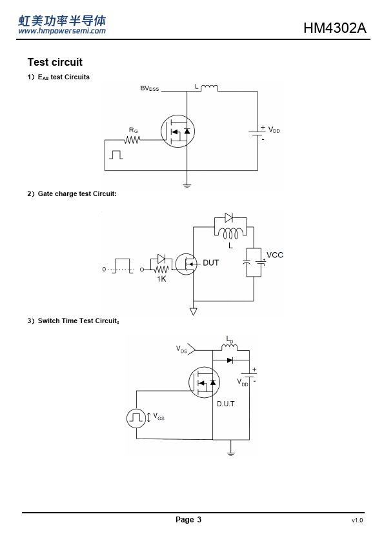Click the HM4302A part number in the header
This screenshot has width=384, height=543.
[x=334, y=28]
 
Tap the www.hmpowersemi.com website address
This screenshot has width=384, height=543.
[x=62, y=31]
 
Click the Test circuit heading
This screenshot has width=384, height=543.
[x=55, y=62]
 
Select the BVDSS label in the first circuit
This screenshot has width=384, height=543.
[x=149, y=88]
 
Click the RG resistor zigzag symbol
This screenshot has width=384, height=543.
[x=132, y=140]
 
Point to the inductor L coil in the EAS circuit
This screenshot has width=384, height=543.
[x=209, y=88]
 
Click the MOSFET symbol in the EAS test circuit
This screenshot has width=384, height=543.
[x=177, y=132]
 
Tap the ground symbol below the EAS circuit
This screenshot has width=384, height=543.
[x=187, y=186]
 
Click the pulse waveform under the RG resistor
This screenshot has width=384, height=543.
[x=116, y=155]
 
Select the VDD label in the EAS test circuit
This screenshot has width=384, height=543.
[x=274, y=130]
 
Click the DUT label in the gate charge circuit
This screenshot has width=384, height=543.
[x=210, y=263]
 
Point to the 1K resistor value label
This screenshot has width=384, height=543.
[x=161, y=279]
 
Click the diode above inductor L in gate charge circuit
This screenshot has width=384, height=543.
[x=228, y=217]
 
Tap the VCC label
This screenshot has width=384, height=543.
[x=275, y=255]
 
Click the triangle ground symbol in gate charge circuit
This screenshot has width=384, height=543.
[x=194, y=311]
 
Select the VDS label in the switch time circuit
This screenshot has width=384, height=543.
[x=181, y=349]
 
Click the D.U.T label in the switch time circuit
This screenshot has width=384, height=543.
[x=226, y=404]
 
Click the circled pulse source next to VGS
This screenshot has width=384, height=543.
[x=136, y=418]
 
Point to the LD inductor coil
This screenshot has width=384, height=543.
[x=229, y=347]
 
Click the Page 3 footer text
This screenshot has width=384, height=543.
[x=188, y=519]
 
